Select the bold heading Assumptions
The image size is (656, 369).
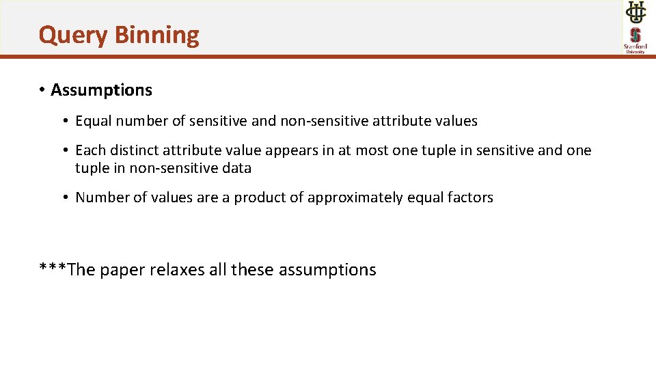(x=101, y=90)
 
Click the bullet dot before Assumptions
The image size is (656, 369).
(x=42, y=90)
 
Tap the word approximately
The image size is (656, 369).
(x=355, y=198)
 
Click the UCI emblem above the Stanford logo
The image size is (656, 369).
(x=635, y=13)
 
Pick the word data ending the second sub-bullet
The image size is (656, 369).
(x=236, y=168)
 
